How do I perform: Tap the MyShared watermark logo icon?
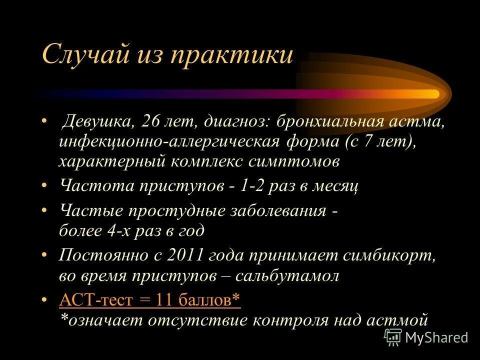[392, 337]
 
